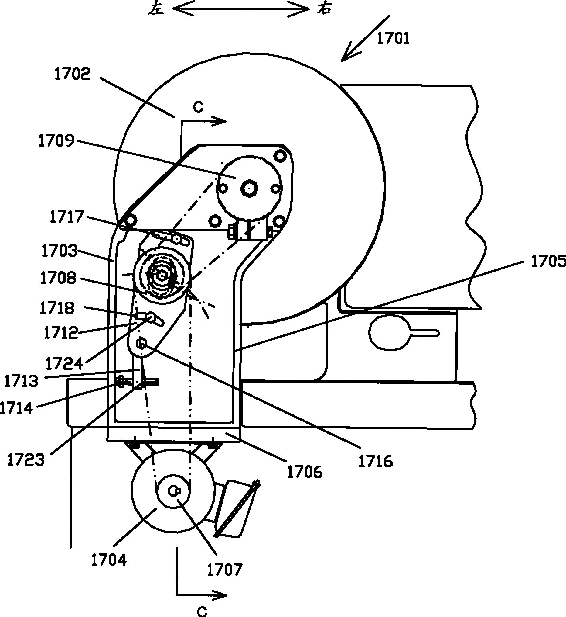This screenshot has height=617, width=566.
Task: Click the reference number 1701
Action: [x=393, y=39]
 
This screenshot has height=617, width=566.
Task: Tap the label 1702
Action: [x=72, y=74]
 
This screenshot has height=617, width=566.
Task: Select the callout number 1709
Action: [x=56, y=141]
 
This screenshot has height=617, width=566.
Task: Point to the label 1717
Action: [x=66, y=217]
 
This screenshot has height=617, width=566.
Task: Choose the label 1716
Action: [x=376, y=461]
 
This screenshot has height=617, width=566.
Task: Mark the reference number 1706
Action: [x=305, y=472]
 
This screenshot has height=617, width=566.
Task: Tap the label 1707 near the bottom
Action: [x=225, y=570]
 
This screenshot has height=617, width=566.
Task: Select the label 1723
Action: [x=26, y=460]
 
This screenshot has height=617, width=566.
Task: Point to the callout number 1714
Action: [x=16, y=408]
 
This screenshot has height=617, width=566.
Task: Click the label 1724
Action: [x=64, y=364]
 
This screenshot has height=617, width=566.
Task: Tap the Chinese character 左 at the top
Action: [x=156, y=9]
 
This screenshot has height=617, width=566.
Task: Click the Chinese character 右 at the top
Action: [x=324, y=9]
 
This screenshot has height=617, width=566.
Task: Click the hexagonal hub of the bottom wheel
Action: [x=173, y=491]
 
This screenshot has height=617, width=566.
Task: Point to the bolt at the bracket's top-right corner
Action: [x=280, y=156]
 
